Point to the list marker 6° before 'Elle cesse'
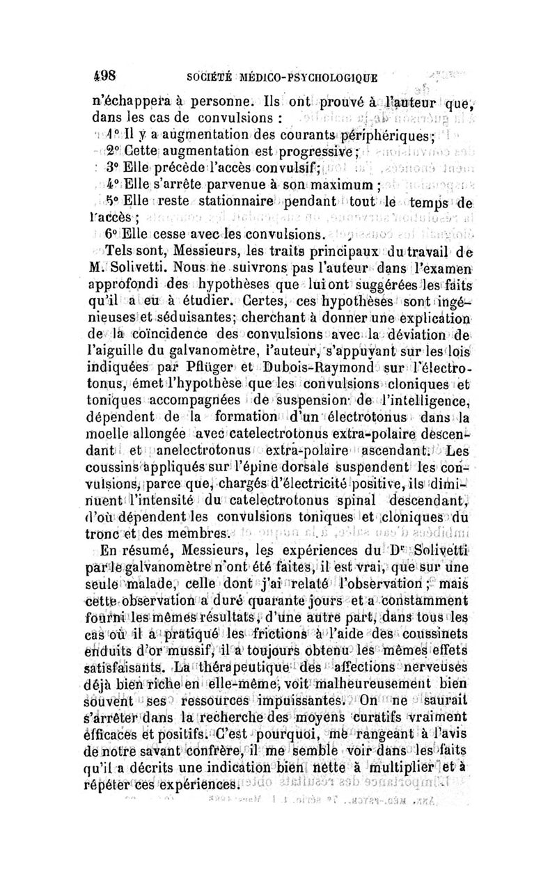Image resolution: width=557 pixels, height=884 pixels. (111, 234)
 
